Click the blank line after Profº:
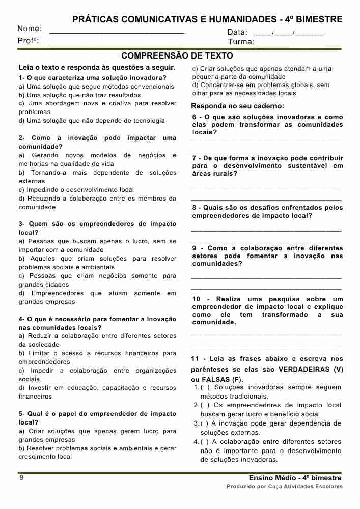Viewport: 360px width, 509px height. (x=116, y=43)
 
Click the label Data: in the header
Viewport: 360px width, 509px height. (x=237, y=32)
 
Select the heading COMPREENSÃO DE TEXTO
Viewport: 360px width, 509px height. (x=177, y=55)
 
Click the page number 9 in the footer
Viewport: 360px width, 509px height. (x=21, y=478)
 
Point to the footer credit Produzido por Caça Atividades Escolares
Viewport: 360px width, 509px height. (x=285, y=487)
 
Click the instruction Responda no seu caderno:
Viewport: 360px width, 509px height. (x=237, y=106)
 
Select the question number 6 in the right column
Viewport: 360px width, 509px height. (x=195, y=117)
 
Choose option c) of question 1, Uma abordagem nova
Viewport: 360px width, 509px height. (x=97, y=107)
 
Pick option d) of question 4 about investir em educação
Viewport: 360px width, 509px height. (x=97, y=392)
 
